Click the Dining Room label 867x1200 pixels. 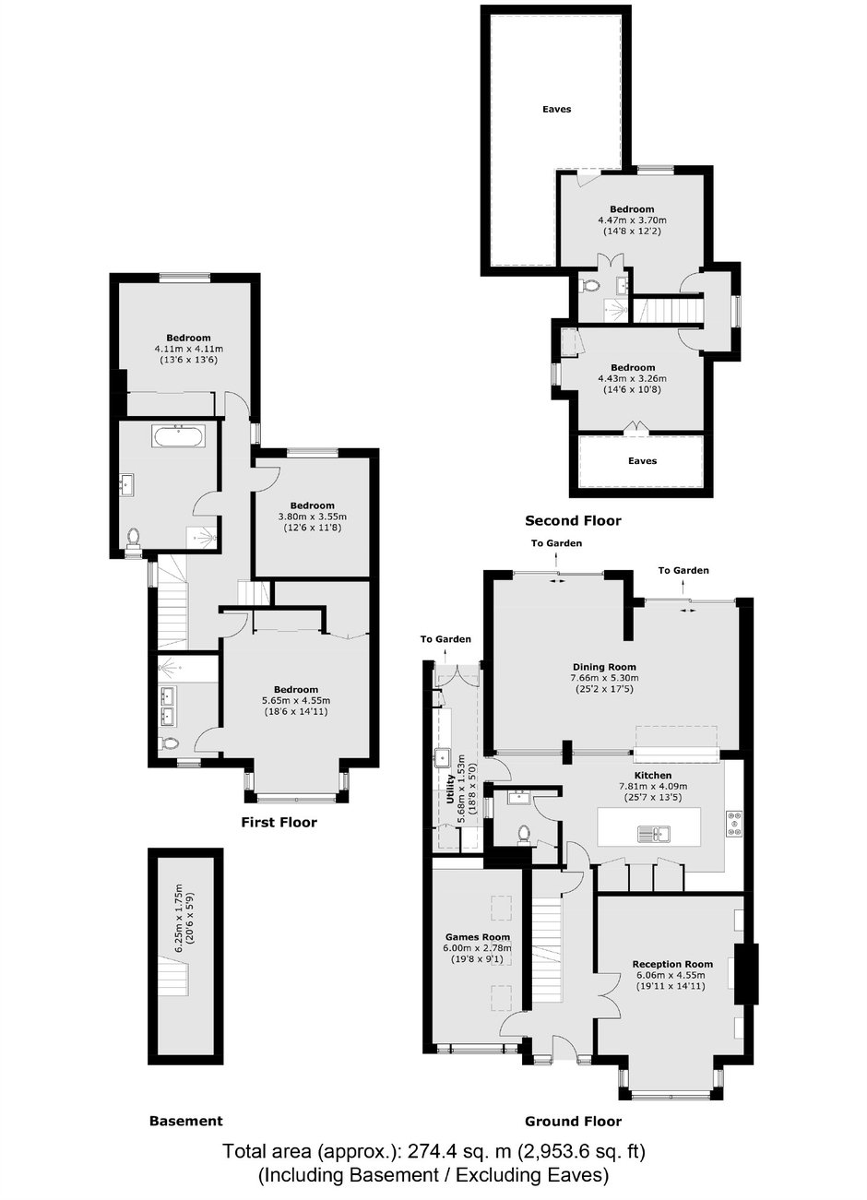tap(604, 667)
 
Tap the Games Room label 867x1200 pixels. tap(478, 937)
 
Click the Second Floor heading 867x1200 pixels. tap(573, 520)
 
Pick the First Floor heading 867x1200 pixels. tap(279, 822)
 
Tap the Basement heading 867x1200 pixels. tap(185, 1121)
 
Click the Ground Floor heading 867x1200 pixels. tap(573, 1121)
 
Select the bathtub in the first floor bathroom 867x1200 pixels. tap(178, 436)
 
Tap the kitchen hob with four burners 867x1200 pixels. tap(734, 824)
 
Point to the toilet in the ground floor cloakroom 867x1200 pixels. tap(524, 835)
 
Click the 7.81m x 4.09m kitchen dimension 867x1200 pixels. tap(653, 787)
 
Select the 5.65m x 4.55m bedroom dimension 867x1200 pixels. tap(296, 700)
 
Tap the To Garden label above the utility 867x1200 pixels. tap(445, 639)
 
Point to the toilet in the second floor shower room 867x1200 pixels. tap(590, 286)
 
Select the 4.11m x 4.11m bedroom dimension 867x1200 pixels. tap(188, 349)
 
